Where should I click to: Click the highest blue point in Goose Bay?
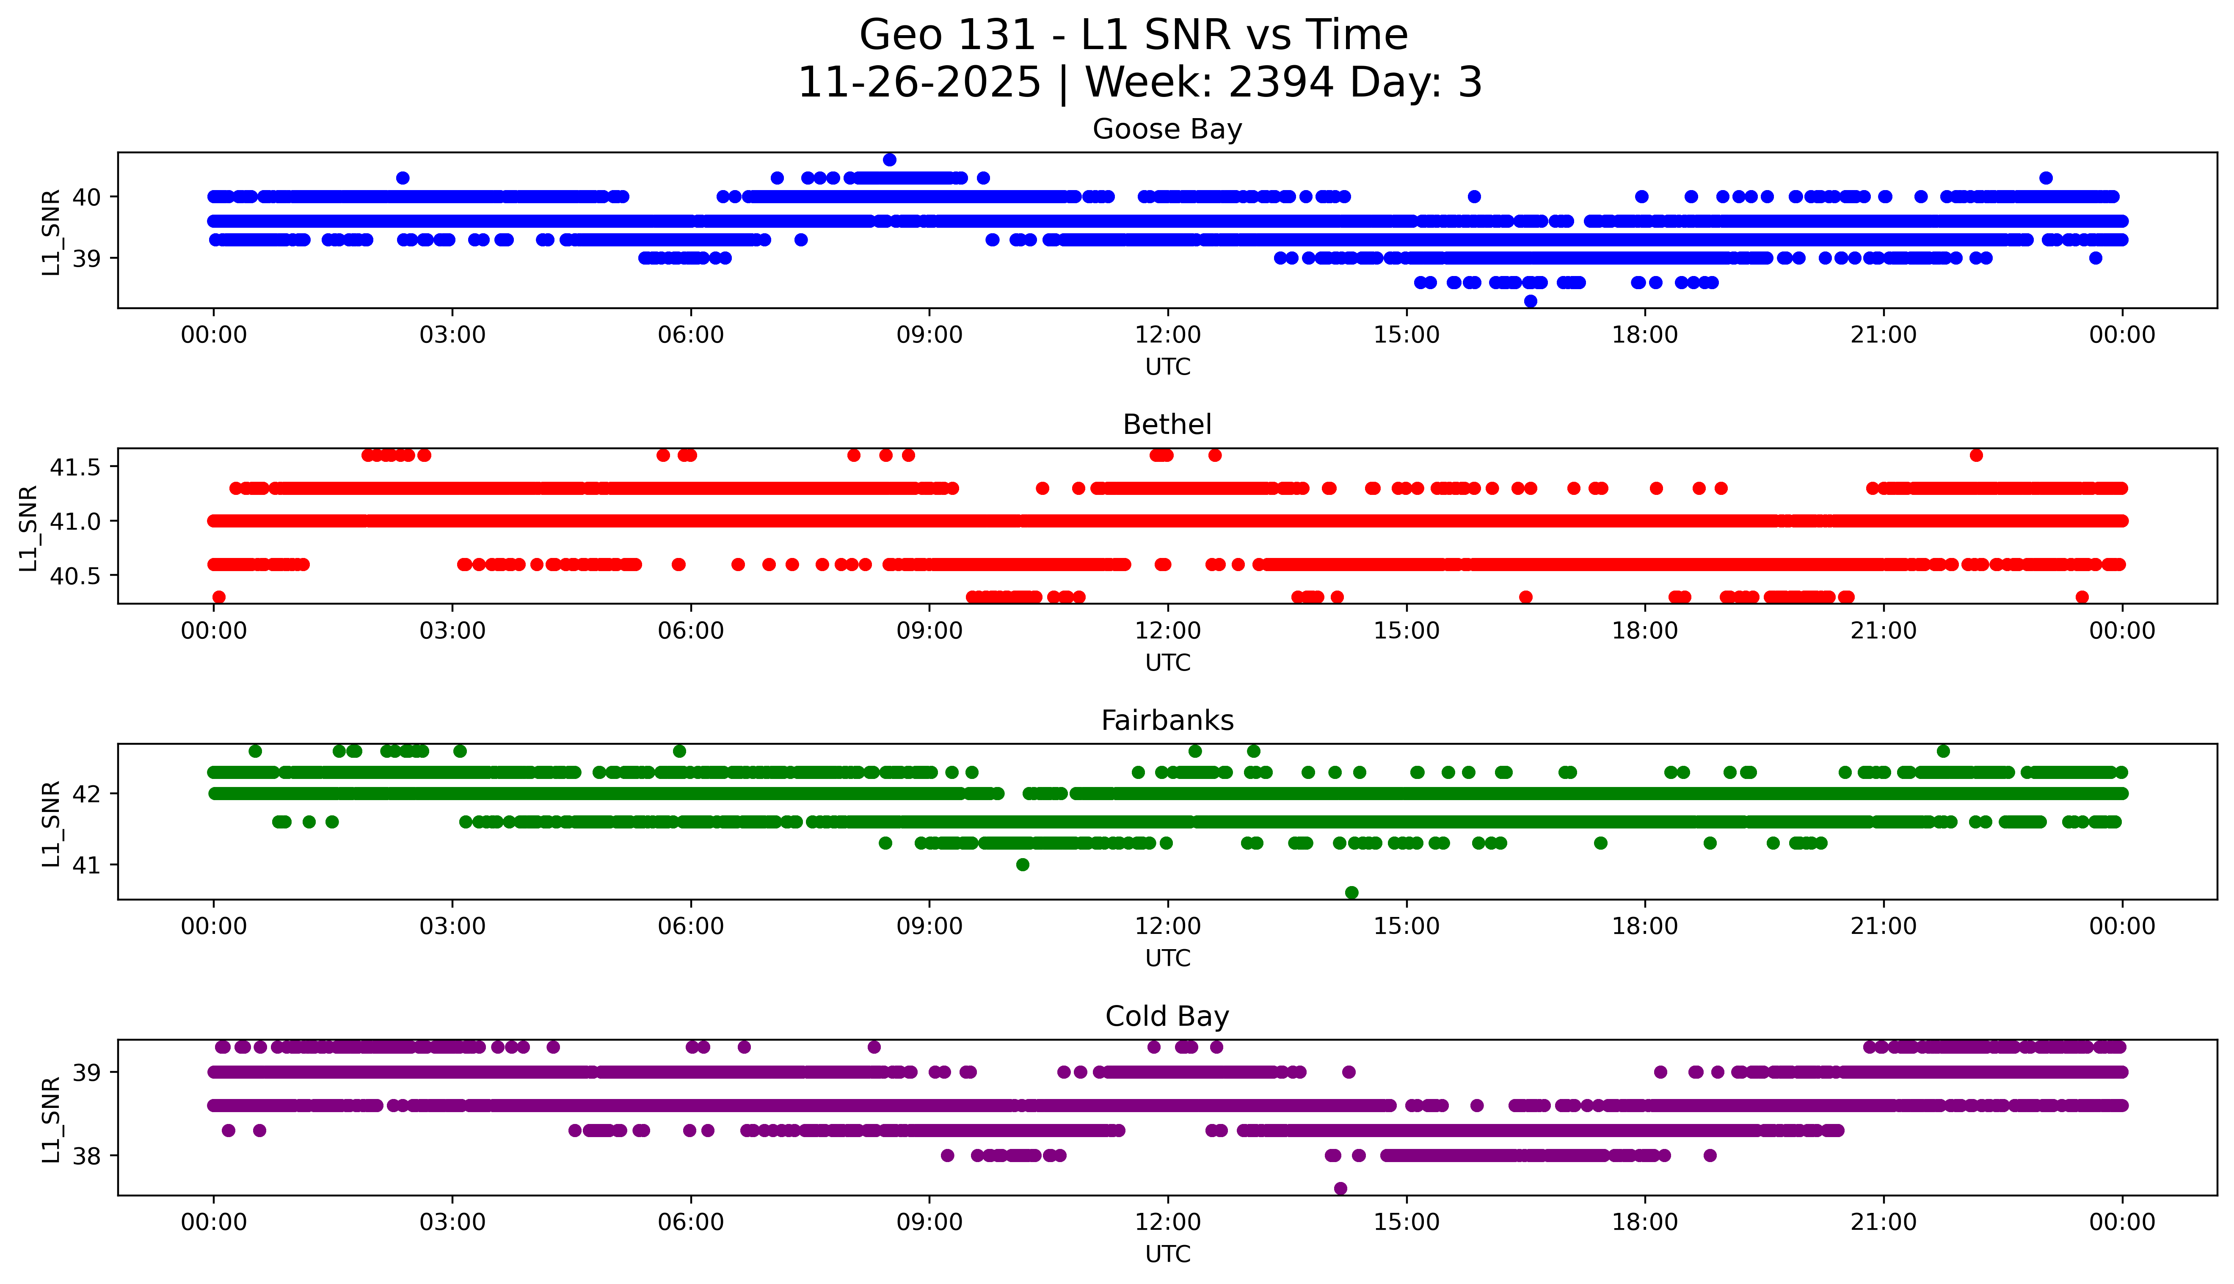pos(890,160)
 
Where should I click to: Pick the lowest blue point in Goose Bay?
pos(1531,301)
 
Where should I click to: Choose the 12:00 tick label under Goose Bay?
pos(1167,335)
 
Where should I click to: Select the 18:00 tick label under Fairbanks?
pos(1645,927)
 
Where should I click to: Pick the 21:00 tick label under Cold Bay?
pos(1883,1222)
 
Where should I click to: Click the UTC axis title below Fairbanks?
pos(1167,958)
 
